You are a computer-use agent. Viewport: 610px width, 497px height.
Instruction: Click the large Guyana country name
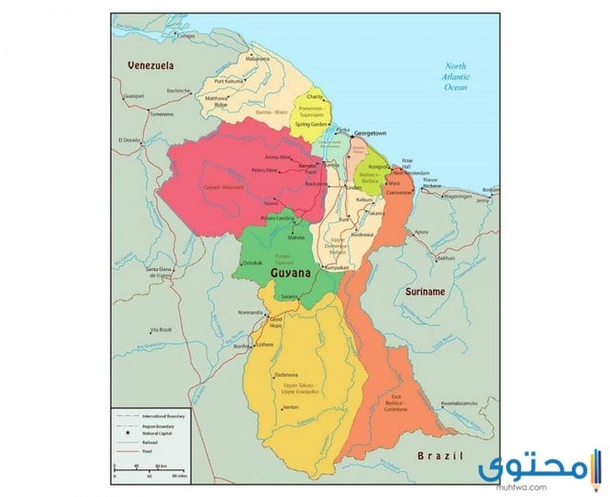coord(290,274)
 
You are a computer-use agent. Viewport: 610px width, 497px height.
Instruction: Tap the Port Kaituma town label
coord(231,81)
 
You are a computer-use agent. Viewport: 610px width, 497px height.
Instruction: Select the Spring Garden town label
coord(312,125)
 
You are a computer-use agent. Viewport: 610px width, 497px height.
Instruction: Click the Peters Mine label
coord(264,170)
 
